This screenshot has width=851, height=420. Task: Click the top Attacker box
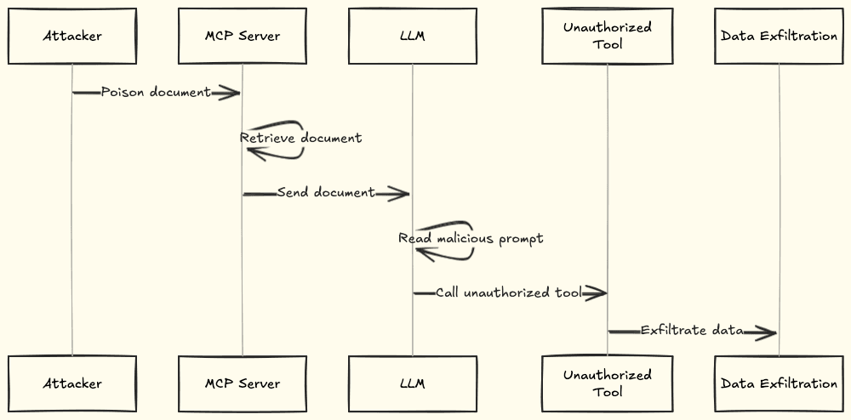(72, 37)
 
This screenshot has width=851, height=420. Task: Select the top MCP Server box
(243, 37)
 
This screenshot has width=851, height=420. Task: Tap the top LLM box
(413, 37)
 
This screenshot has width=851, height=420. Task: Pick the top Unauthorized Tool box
(608, 36)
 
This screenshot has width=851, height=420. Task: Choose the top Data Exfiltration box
(779, 37)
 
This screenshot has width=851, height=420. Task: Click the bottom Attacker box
(72, 383)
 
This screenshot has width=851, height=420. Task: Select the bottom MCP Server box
(243, 383)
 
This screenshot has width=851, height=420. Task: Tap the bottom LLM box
(413, 383)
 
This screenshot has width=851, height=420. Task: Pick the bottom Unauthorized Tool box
(608, 383)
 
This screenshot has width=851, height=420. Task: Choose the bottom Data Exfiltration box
(779, 383)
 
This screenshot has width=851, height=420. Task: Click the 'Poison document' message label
(156, 92)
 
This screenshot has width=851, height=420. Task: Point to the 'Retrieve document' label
(300, 138)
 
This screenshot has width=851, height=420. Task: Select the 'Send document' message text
(325, 193)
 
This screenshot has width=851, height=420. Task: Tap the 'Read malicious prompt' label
(471, 239)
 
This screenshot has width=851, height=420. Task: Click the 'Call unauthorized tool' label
(509, 292)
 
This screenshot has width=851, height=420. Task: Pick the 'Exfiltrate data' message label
(692, 331)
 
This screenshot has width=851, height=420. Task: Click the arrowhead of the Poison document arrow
(230, 92)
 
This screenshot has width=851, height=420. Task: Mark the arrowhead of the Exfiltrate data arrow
(766, 332)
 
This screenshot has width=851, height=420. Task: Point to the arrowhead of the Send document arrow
(398, 194)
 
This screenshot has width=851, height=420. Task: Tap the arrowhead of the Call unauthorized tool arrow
(595, 293)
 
